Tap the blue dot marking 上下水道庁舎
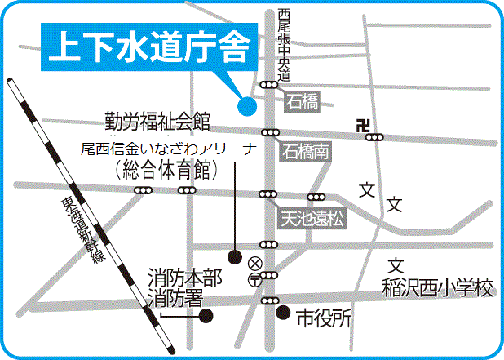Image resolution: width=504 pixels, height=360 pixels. [x=245, y=104]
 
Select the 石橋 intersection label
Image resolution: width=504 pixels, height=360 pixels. [x=300, y=101]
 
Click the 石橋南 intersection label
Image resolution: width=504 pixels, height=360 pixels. [x=307, y=152]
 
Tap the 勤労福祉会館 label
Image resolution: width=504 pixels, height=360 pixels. [x=157, y=122]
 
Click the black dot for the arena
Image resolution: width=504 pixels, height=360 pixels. [x=234, y=257]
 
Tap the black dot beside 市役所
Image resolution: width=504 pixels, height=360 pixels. [x=283, y=312]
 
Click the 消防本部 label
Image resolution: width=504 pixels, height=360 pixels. [x=183, y=278]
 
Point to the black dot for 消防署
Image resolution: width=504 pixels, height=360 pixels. [x=206, y=315]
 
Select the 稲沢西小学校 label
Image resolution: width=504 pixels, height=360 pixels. [x=438, y=289]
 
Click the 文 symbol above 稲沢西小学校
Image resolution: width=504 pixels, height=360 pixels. [x=396, y=266]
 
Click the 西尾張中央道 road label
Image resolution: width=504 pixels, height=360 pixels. [x=283, y=45]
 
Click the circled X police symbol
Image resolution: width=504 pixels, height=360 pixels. [x=255, y=263]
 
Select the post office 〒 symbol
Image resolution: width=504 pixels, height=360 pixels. [x=255, y=279]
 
